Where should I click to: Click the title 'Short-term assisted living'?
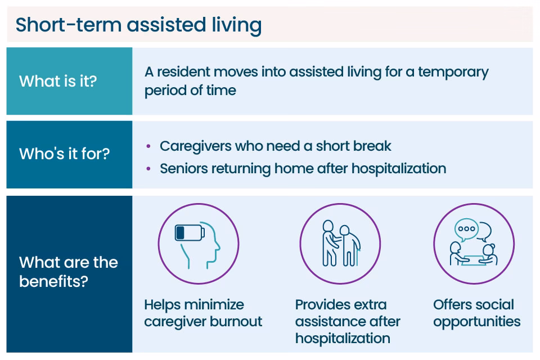click(x=138, y=25)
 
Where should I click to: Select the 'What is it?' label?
click(x=58, y=81)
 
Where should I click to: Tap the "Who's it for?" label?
click(x=64, y=154)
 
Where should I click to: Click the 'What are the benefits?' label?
click(x=69, y=272)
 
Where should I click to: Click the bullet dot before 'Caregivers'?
click(x=148, y=146)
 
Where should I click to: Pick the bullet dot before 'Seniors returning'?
click(x=148, y=169)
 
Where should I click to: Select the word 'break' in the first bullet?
click(x=372, y=146)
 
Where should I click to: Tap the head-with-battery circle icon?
click(x=199, y=244)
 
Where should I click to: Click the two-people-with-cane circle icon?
click(x=340, y=244)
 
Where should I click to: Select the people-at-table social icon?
click(x=474, y=244)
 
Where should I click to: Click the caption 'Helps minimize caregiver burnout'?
click(x=203, y=313)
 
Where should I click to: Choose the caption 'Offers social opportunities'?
click(x=476, y=313)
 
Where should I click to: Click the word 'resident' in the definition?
click(x=184, y=72)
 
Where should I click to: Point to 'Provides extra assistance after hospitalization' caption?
click(x=348, y=322)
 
